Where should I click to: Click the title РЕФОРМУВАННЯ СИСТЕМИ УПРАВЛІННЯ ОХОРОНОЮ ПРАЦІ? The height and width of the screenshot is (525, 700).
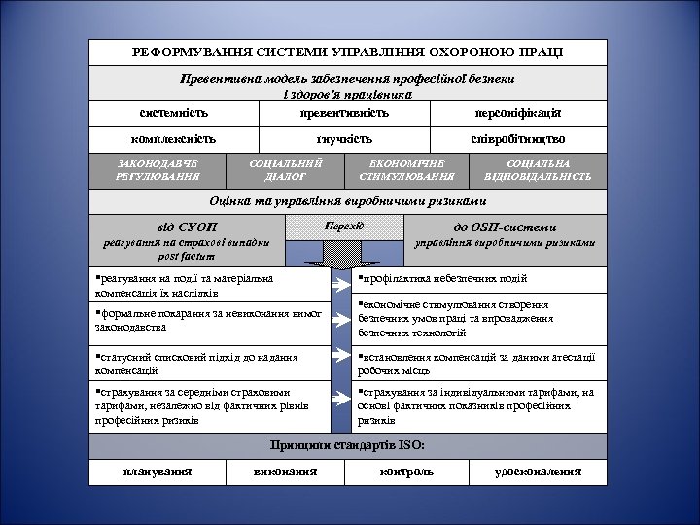(347, 52)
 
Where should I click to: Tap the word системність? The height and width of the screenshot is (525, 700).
(173, 113)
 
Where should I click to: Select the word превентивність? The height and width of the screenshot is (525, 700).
(345, 113)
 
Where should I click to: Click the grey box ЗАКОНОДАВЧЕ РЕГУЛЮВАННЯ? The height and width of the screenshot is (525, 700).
(157, 170)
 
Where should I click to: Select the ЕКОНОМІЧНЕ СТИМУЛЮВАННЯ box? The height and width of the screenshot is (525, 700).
(406, 170)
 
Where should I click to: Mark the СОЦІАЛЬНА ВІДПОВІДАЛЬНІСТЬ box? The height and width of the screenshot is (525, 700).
(538, 170)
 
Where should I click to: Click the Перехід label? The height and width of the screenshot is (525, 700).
(344, 227)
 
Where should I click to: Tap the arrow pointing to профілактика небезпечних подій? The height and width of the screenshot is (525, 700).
(341, 286)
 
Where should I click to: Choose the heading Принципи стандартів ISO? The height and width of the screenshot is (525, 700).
(347, 445)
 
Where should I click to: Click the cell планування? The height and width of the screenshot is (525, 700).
(157, 472)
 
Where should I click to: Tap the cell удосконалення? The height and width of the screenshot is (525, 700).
(538, 472)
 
